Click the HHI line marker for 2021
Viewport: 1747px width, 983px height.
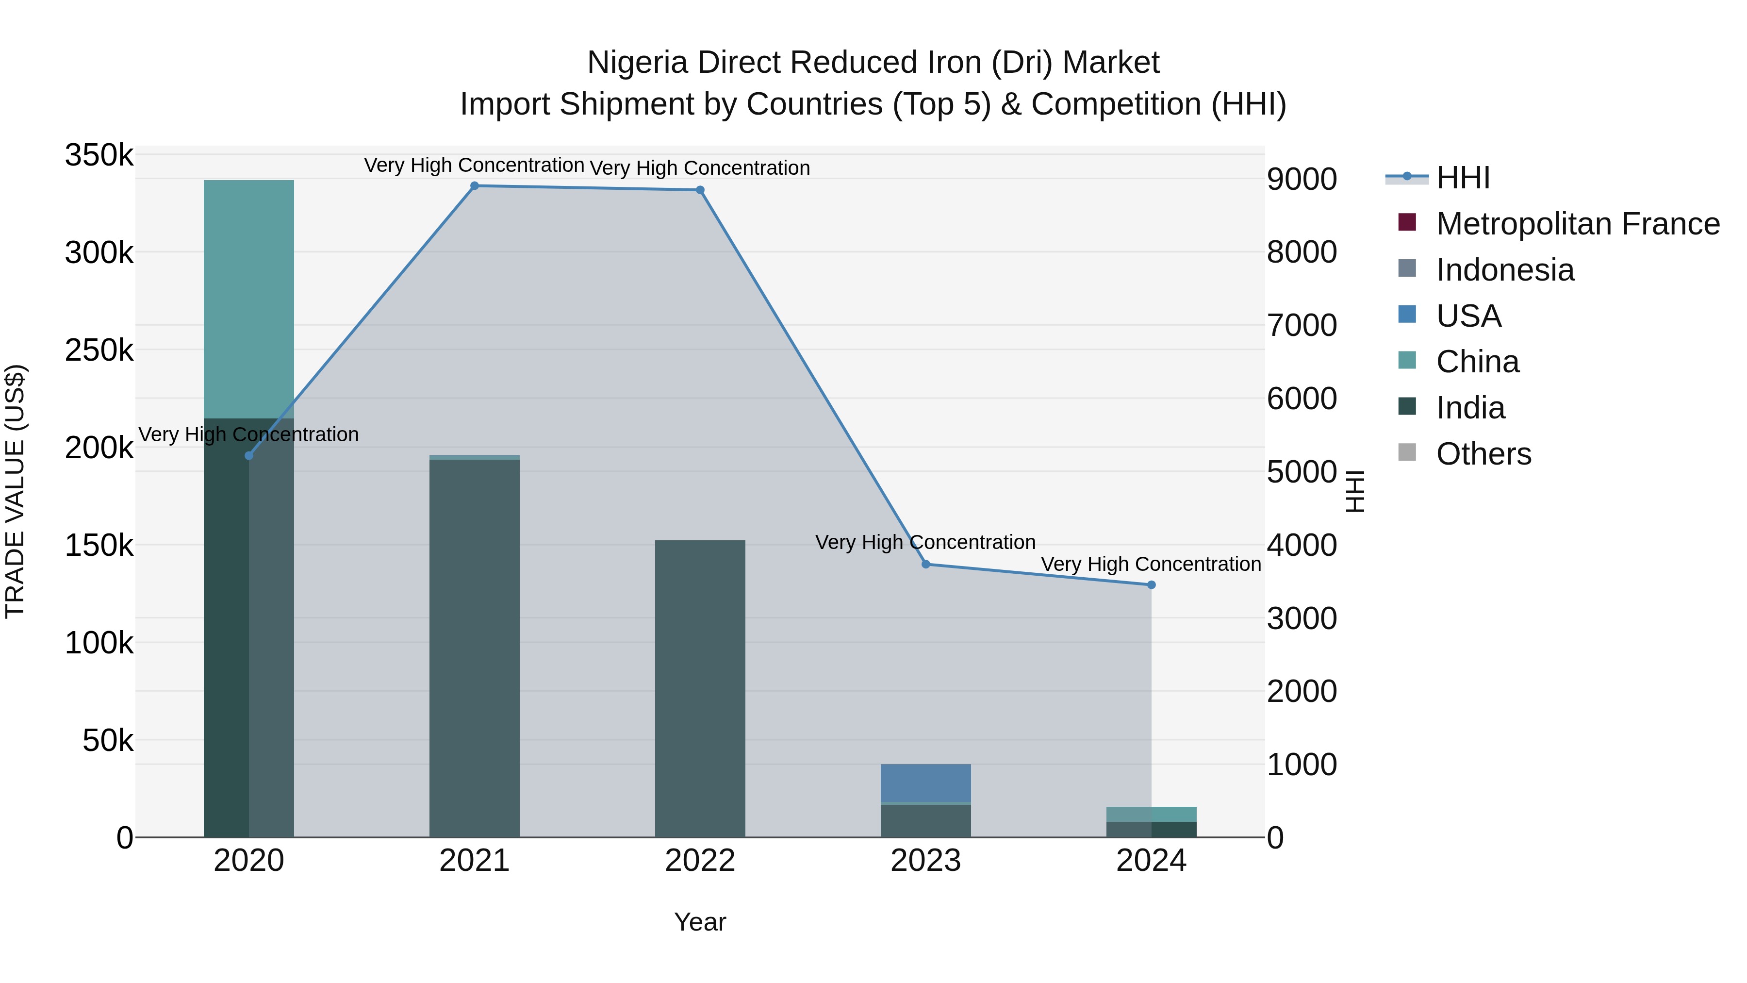pos(474,186)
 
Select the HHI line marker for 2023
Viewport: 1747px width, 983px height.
pos(926,564)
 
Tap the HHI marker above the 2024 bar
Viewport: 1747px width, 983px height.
pos(1151,585)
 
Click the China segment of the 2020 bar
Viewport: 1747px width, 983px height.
pos(249,299)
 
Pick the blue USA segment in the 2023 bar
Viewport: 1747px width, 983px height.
pos(926,783)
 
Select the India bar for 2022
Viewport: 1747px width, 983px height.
pos(700,688)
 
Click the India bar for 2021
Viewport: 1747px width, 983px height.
pos(474,648)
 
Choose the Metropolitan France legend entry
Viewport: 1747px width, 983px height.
pos(1578,224)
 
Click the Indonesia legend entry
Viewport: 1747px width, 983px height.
pos(1505,270)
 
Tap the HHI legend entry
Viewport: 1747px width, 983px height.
pos(1463,178)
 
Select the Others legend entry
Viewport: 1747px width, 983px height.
pos(1483,454)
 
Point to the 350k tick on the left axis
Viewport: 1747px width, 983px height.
pos(99,155)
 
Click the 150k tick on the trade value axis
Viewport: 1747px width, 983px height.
pos(99,545)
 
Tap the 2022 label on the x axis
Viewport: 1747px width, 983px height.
pos(700,861)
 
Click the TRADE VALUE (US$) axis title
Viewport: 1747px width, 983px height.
pos(15,491)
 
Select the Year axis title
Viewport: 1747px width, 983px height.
pos(700,922)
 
